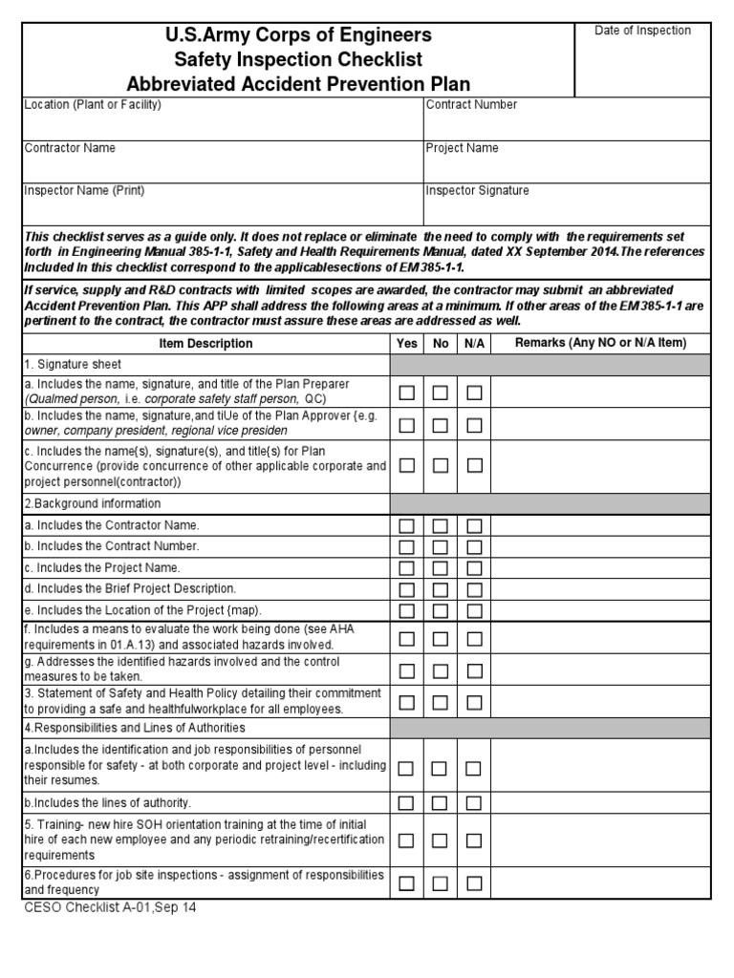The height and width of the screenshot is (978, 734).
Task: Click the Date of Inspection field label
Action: [x=642, y=31]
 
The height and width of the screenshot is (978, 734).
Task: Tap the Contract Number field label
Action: [x=471, y=105]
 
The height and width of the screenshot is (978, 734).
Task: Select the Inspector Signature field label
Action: [x=477, y=191]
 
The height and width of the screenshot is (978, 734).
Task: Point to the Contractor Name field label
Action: [x=70, y=148]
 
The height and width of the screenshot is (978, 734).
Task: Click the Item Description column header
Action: [x=205, y=343]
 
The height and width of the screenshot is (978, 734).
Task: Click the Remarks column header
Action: [x=600, y=343]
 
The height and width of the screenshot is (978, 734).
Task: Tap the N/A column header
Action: [x=473, y=343]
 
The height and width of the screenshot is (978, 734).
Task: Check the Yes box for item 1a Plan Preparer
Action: [x=407, y=392]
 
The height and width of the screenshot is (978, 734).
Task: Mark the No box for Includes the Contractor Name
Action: [x=440, y=525]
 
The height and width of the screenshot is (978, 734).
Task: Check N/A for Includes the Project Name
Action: [x=474, y=567]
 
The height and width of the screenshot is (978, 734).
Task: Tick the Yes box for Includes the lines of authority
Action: [x=407, y=802]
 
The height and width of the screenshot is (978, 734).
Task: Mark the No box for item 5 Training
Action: [x=440, y=840]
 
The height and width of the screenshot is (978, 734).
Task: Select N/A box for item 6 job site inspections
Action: [x=474, y=883]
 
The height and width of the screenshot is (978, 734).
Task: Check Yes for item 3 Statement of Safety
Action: [x=407, y=702]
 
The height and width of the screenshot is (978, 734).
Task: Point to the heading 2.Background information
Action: [x=93, y=503]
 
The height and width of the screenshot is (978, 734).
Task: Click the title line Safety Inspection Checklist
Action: [x=299, y=59]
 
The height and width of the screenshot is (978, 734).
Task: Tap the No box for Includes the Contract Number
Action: [x=440, y=546]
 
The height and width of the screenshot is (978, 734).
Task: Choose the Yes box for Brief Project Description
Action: [x=407, y=589]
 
